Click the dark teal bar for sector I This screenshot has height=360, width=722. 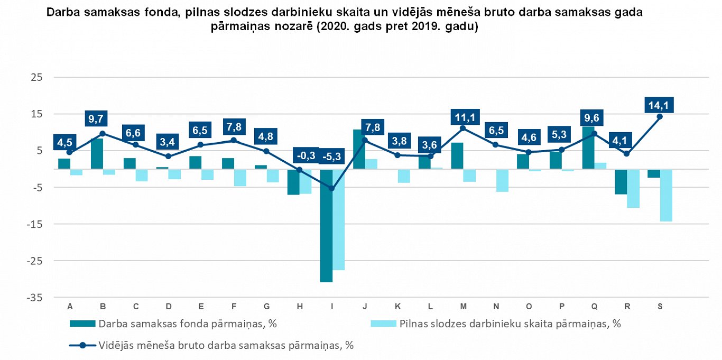326,226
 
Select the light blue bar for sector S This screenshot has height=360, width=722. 666,195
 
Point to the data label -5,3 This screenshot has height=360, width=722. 332,156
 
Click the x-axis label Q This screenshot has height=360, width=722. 594,307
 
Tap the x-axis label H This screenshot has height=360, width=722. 299,307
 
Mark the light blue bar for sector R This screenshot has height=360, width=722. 633,188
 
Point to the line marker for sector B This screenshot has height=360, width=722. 103,134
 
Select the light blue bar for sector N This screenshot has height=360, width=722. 502,180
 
